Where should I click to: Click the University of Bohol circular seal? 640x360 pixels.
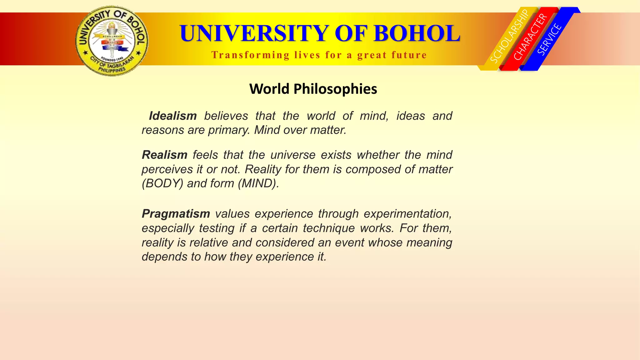point(112,41)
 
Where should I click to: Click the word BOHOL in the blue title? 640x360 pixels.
point(417,33)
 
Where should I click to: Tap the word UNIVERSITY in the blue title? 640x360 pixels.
point(254,33)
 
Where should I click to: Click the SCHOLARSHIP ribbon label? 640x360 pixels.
point(509,36)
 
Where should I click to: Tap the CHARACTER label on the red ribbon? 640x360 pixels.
point(531,37)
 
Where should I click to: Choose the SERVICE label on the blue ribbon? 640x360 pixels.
point(550,39)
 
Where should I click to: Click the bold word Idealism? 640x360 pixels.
point(173,116)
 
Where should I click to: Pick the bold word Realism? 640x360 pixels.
point(164,155)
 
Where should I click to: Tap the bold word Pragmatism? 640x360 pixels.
point(176,214)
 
